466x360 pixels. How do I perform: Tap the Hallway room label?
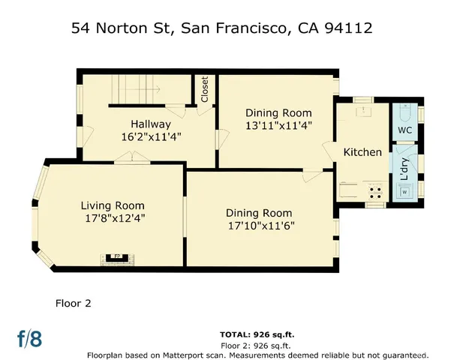pyautogui.click(x=150, y=124)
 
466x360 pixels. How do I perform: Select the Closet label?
pyautogui.click(x=204, y=89)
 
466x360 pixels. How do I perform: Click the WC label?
pyautogui.click(x=404, y=130)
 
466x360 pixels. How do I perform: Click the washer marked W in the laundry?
pyautogui.click(x=404, y=192)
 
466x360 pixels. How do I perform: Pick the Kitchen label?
pyautogui.click(x=362, y=152)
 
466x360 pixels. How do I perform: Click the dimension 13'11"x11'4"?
pyautogui.click(x=278, y=125)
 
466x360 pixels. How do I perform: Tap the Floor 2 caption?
pyautogui.click(x=73, y=304)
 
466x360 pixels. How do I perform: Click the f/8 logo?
pyautogui.click(x=29, y=338)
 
